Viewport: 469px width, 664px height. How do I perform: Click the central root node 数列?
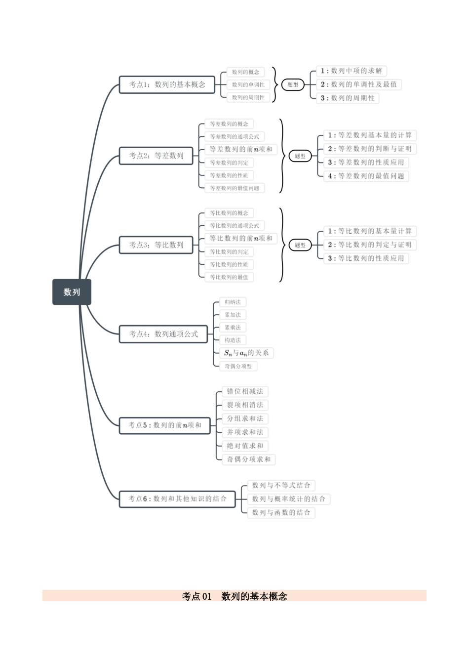click(x=72, y=292)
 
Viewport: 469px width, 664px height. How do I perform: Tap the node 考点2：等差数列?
click(x=156, y=156)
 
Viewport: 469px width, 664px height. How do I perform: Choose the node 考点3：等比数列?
click(x=156, y=245)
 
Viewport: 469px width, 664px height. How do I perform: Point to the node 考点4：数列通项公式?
click(x=163, y=334)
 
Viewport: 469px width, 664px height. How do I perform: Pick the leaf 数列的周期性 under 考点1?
click(x=248, y=97)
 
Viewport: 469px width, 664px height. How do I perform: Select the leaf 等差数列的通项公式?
click(x=234, y=137)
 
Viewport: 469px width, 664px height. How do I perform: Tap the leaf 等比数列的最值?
click(x=229, y=277)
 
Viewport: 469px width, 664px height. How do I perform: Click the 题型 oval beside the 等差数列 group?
click(x=300, y=156)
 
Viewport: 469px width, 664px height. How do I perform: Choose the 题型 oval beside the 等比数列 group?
click(x=300, y=245)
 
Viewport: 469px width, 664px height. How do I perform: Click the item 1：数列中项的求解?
click(x=351, y=71)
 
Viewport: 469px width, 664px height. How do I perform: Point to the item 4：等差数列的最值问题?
click(x=366, y=176)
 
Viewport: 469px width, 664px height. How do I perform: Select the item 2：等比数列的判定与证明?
click(x=369, y=245)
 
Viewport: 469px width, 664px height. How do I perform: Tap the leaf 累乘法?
click(x=233, y=328)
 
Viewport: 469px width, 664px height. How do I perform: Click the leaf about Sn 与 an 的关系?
click(x=246, y=353)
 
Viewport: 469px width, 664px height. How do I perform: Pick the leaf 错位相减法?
click(x=245, y=391)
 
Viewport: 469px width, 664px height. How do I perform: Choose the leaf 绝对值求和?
click(x=245, y=446)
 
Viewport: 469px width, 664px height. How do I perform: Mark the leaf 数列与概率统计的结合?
click(x=288, y=499)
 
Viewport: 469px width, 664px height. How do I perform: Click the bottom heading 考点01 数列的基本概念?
click(x=234, y=596)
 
